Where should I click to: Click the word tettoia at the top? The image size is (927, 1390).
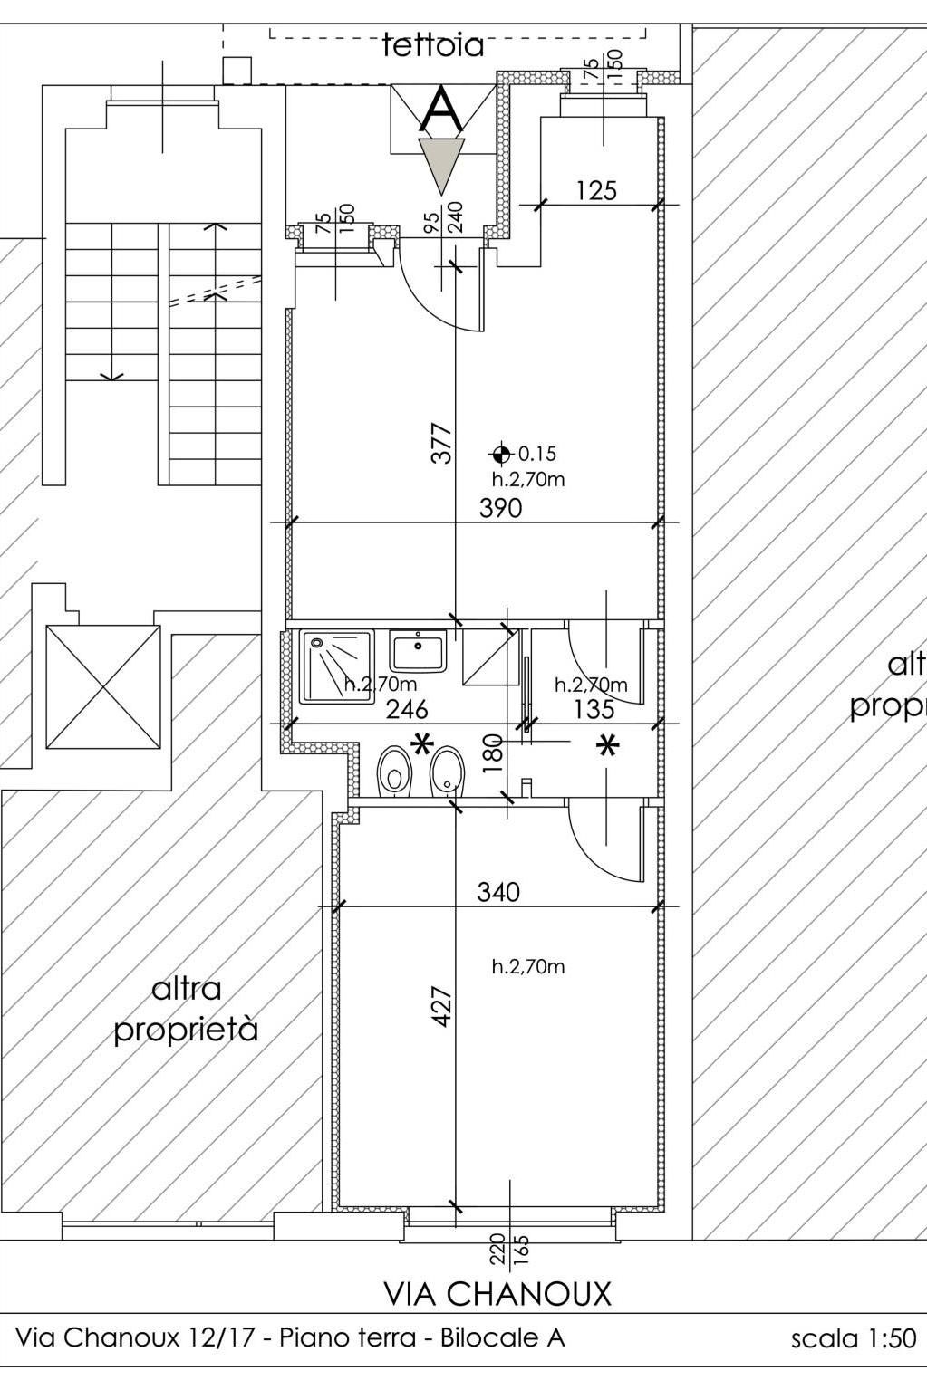click(x=433, y=45)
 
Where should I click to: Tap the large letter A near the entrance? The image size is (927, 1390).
click(x=441, y=110)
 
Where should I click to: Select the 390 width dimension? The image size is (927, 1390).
click(x=500, y=508)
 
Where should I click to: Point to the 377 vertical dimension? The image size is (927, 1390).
click(x=441, y=443)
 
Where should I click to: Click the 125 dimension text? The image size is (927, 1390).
click(x=596, y=190)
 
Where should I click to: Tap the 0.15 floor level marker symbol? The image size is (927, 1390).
click(x=500, y=455)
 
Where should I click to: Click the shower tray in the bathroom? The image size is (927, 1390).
click(x=337, y=666)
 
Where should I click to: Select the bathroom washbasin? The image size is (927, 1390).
click(x=418, y=650)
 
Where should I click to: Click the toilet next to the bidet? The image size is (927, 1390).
click(x=394, y=772)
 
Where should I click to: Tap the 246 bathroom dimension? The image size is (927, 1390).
click(x=407, y=709)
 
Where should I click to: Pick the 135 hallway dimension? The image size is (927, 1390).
click(x=594, y=709)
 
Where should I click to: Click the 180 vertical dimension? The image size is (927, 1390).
click(x=493, y=753)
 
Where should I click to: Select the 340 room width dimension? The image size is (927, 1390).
click(x=498, y=892)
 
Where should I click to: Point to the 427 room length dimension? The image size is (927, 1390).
click(x=441, y=1007)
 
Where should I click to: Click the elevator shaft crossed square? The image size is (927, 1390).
click(x=103, y=687)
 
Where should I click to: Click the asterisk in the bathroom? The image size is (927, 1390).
click(x=422, y=743)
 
